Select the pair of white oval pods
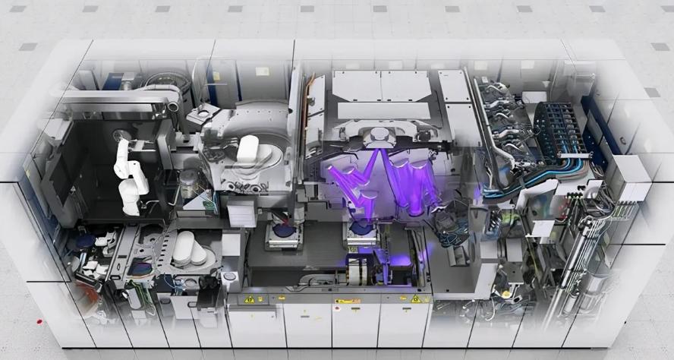point(191,248)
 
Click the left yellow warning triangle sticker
point(249,299)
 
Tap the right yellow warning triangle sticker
point(415,299)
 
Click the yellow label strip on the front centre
point(347,301)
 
